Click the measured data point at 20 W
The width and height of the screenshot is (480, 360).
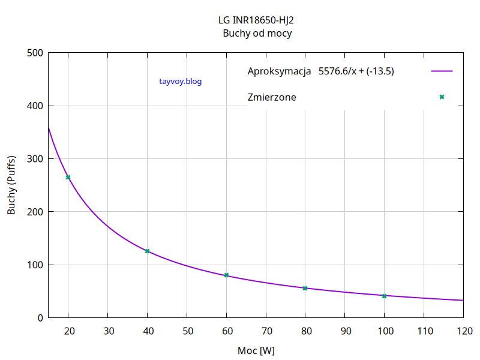pos(68,177)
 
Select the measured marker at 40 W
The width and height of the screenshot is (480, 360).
pos(147,251)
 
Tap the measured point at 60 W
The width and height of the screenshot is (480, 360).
pos(226,275)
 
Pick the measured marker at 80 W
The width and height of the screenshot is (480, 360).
pos(305,288)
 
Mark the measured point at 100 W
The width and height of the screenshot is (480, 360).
pos(384,295)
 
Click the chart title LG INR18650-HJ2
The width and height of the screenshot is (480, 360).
pos(256,20)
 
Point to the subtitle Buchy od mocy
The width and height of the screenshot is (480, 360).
pos(257,34)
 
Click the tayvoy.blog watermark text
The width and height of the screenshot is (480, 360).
pos(181,81)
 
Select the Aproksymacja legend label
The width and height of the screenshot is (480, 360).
pos(278,71)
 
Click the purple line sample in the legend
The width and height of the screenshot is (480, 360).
pos(442,71)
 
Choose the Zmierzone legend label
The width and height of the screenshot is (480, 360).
pos(271,97)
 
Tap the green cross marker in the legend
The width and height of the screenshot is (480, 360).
pos(442,97)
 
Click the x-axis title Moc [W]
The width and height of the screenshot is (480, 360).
pos(256,350)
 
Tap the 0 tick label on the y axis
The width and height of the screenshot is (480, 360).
pos(40,318)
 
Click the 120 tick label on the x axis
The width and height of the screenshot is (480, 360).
pos(463,331)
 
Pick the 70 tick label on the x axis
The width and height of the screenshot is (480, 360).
pos(266,331)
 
